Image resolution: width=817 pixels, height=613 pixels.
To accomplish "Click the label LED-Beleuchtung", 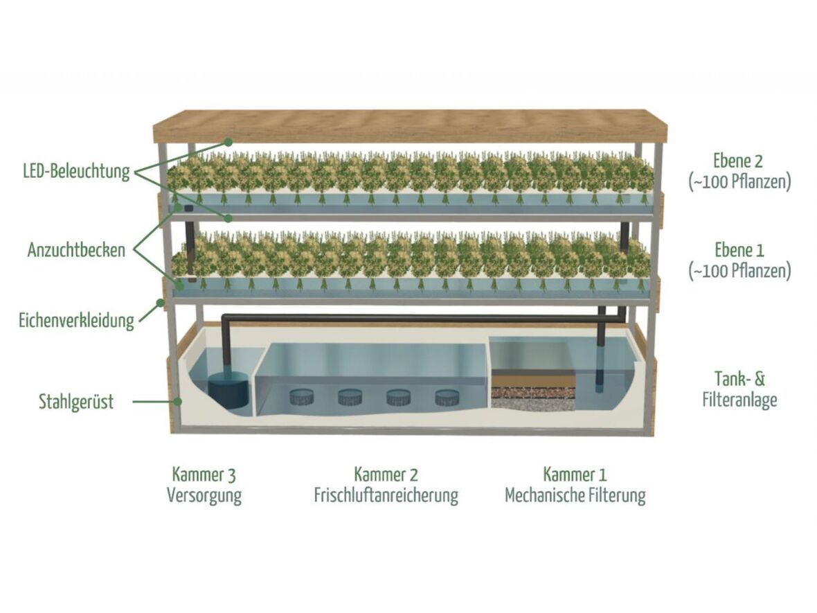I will (x=76, y=171).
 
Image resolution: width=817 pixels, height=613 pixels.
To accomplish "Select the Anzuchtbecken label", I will (x=76, y=250).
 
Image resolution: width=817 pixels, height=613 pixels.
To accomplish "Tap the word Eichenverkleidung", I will (x=76, y=321).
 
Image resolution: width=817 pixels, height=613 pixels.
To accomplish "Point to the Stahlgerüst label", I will (x=76, y=402).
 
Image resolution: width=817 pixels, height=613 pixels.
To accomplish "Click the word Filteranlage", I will (x=739, y=400).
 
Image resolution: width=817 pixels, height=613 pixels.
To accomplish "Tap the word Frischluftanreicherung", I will (x=386, y=496).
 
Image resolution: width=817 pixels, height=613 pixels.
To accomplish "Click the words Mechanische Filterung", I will (x=575, y=496).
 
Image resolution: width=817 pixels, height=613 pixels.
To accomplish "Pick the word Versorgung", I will (x=204, y=496).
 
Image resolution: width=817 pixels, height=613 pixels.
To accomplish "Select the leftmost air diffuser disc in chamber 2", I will (x=302, y=397).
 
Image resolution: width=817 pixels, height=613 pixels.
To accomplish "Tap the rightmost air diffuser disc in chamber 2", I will (x=447, y=397).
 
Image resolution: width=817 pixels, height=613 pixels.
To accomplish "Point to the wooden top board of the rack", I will (x=408, y=126).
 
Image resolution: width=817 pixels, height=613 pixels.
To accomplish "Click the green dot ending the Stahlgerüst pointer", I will (x=178, y=400).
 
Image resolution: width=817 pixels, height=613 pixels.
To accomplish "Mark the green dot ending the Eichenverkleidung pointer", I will (x=160, y=302).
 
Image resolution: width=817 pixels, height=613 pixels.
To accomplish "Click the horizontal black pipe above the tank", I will (x=415, y=318).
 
